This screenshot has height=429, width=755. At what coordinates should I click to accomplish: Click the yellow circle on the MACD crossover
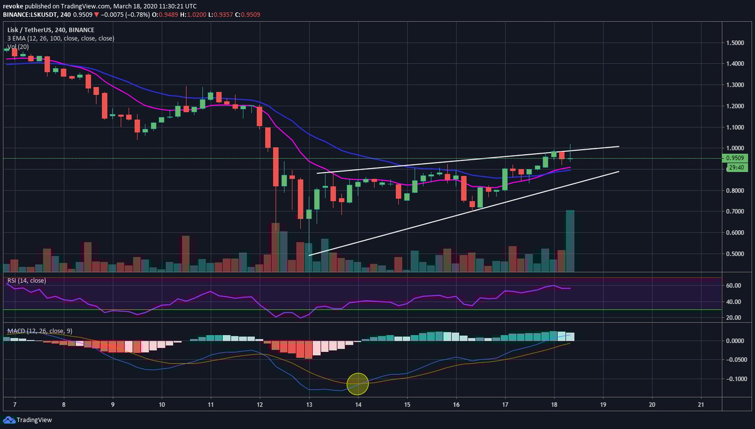[358, 384]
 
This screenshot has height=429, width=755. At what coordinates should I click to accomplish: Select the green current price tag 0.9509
[734, 158]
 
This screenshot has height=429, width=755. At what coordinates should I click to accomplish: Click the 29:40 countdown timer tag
[734, 167]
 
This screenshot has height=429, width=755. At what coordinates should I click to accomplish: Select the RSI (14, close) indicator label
[26, 280]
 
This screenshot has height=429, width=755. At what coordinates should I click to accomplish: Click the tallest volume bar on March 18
[570, 241]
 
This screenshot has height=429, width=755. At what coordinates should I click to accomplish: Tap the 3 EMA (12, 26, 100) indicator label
[60, 39]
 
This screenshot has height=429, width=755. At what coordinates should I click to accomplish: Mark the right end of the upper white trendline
[619, 146]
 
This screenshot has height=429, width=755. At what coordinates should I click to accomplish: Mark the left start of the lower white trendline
[309, 255]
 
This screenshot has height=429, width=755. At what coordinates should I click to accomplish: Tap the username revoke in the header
[13, 6]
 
